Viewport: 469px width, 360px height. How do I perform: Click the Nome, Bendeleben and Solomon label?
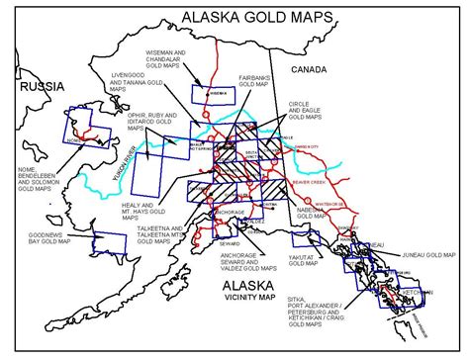point(35,181)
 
